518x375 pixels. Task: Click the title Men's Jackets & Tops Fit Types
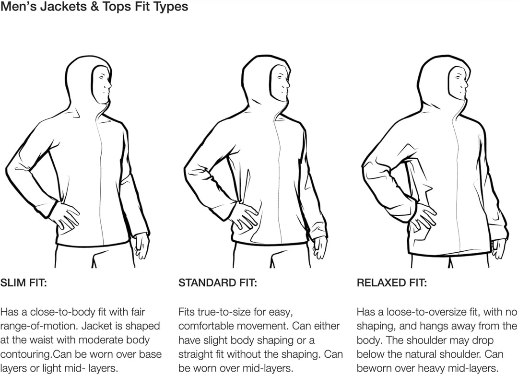click(94, 7)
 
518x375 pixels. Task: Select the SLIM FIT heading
click(24, 283)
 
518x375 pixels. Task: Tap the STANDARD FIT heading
click(217, 283)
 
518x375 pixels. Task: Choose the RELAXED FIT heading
click(391, 283)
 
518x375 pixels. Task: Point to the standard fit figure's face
click(282, 84)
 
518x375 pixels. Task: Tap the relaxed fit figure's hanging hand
click(498, 248)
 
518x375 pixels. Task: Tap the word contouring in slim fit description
click(25, 354)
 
